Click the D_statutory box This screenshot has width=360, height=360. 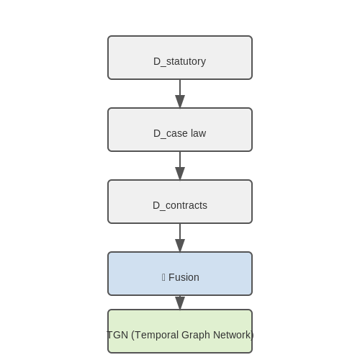[180, 58]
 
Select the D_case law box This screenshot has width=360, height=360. [180, 130]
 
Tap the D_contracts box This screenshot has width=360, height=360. [180, 202]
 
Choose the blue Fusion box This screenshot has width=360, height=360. [180, 274]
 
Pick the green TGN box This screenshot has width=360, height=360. [180, 331]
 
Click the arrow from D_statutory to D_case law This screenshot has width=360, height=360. [180, 94]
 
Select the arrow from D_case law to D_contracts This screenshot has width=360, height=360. [180, 166]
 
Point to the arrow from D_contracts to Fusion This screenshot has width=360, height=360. [180, 238]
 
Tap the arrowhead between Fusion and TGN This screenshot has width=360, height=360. [180, 303]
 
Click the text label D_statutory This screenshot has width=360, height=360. [179, 61]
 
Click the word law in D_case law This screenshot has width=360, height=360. [198, 133]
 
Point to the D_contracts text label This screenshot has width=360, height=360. [180, 205]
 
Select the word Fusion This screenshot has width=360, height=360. [184, 277]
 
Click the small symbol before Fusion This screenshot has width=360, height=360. [163, 277]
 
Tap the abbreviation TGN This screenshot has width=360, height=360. [117, 335]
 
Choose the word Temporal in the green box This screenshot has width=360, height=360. [157, 336]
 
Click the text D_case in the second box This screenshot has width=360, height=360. [171, 134]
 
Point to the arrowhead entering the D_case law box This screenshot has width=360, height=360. [180, 102]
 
